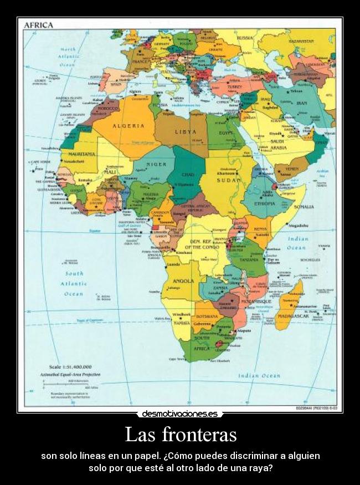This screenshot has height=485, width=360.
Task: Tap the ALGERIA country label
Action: [128, 126]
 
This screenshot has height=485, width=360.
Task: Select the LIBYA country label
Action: [186, 131]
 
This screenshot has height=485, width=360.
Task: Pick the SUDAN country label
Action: [228, 180]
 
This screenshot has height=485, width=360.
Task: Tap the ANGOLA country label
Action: [184, 281]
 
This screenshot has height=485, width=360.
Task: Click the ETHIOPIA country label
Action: [265, 204]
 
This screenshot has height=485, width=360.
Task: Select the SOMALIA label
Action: [304, 207]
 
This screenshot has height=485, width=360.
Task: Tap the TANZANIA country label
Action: [249, 259]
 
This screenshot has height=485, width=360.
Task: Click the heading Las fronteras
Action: [181, 434]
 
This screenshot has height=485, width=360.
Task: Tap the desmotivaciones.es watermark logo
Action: [180, 413]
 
